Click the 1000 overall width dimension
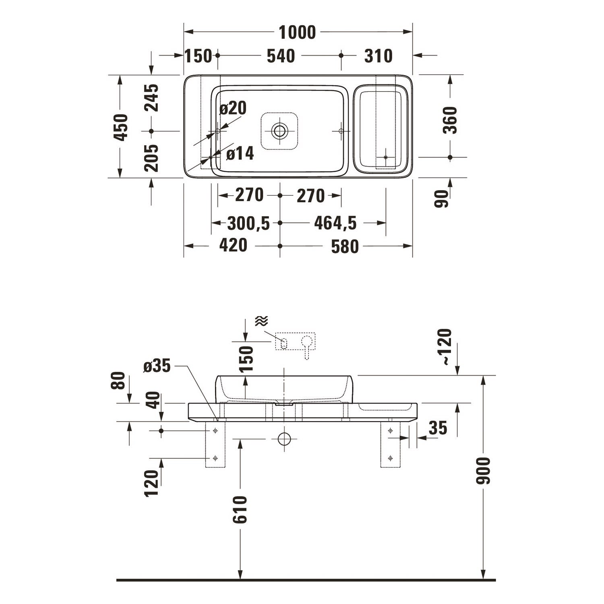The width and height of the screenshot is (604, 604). [297, 33]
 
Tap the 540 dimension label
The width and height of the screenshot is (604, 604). [281, 56]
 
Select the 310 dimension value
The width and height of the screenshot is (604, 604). [379, 56]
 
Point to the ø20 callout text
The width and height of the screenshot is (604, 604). [233, 108]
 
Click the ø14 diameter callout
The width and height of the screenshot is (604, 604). [240, 153]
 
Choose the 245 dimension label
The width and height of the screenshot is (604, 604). [152, 98]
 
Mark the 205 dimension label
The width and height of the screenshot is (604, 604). [152, 158]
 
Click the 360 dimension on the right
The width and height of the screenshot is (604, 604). [450, 120]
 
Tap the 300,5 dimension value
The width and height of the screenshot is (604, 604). [248, 223]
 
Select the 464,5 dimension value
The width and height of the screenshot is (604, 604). [335, 223]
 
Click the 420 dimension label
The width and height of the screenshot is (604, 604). [234, 245]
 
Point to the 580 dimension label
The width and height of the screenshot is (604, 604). [345, 246]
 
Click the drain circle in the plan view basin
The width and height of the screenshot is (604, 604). [279, 130]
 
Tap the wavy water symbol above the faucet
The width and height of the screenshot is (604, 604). [261, 321]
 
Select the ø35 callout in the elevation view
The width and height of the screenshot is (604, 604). [157, 366]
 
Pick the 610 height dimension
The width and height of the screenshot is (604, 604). [240, 510]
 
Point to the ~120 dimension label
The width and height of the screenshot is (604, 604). [446, 347]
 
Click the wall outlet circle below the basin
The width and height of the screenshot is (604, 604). [284, 439]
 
